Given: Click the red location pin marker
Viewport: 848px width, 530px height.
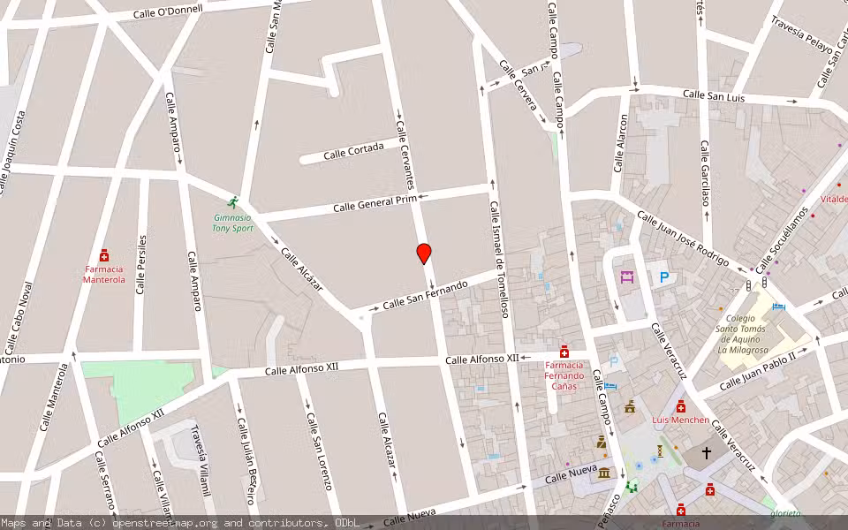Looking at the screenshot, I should [424, 254].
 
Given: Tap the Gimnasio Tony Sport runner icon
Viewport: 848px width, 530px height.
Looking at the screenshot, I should [233, 202].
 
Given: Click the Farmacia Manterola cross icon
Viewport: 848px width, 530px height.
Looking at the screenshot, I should [104, 255].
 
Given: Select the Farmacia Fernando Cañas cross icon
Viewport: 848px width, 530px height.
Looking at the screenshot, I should [564, 352].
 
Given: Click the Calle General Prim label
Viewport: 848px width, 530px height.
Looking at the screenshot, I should [375, 204].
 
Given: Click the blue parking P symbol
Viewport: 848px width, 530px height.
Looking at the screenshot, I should [663, 277].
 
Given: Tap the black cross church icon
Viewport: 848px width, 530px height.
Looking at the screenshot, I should [706, 452].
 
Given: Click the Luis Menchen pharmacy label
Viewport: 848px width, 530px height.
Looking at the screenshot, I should [680, 420].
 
